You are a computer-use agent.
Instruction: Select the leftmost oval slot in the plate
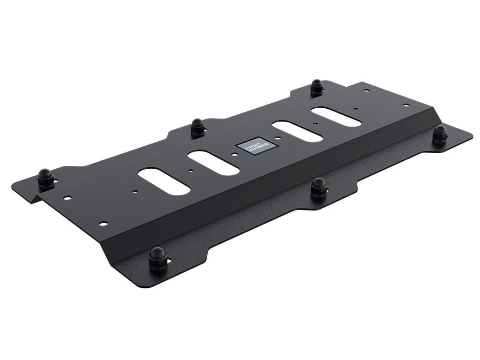pos(164,181)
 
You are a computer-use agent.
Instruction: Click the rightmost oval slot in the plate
pos(336,117)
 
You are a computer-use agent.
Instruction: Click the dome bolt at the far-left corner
pos(45,179)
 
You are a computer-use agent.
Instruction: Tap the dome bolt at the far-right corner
pos(440,134)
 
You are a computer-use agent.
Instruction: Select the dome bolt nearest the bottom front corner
pos(157,258)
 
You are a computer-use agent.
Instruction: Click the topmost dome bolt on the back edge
pos(317,87)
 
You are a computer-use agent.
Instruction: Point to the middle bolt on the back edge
pos(198,127)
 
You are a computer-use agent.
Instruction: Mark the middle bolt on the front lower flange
pos(319,188)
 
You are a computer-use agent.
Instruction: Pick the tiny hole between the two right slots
pos(315,125)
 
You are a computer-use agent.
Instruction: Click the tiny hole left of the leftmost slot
pos(135,191)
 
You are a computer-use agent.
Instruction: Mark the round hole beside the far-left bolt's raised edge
pos(68,198)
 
